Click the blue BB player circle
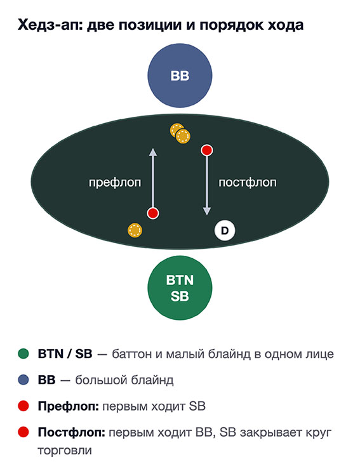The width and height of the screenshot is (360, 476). tap(180, 76)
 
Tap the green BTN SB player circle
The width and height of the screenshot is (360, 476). tap(180, 288)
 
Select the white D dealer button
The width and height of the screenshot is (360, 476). tap(225, 231)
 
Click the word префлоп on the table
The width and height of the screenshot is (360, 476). tap(115, 183)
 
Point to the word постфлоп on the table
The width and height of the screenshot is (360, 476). tap(248, 182)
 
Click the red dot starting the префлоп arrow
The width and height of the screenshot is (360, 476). tap(153, 213)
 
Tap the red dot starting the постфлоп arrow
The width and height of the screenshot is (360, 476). tap(207, 150)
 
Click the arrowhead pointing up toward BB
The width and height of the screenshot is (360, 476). tap(153, 152)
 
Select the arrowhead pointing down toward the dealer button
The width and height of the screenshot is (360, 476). tap(207, 211)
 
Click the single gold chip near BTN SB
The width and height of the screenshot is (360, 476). tap(135, 230)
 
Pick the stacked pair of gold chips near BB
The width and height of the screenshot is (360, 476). tap(180, 133)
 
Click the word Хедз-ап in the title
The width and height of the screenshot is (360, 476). tap(50, 25)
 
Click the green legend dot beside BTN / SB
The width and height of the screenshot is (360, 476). tap(23, 354)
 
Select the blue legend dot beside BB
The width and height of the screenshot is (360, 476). tap(23, 380)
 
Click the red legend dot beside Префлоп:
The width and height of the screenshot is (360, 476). tap(23, 406)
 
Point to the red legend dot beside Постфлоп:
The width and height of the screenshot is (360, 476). tap(23, 432)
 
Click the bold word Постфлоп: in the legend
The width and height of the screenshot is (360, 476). tap(71, 432)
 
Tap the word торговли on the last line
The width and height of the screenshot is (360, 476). tap(65, 451)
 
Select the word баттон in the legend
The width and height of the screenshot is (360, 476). tap(131, 354)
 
